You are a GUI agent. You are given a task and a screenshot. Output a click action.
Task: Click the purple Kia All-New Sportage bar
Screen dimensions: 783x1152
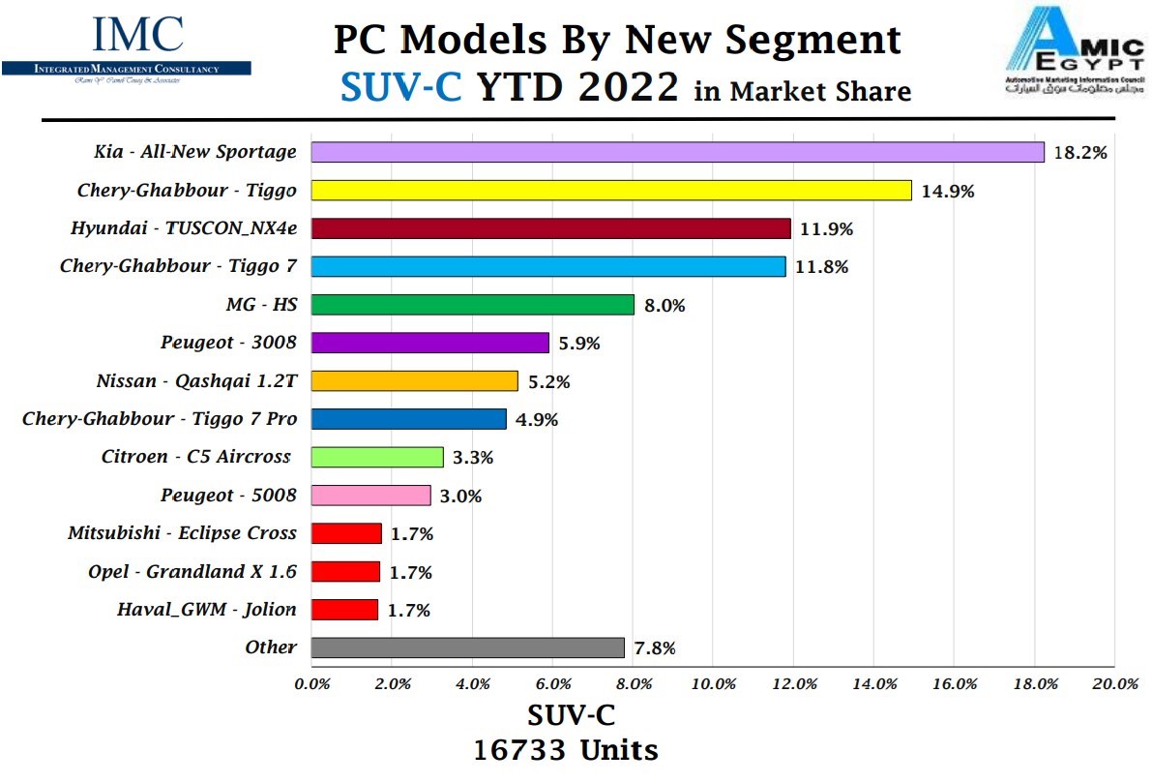pyautogui.click(x=677, y=152)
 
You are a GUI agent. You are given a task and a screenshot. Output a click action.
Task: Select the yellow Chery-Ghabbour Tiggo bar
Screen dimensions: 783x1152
pyautogui.click(x=611, y=191)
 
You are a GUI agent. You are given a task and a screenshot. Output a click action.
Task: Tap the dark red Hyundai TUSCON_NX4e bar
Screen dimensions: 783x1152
pyautogui.click(x=550, y=228)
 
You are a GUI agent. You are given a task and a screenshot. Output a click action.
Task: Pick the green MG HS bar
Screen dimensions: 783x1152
pyautogui.click(x=472, y=305)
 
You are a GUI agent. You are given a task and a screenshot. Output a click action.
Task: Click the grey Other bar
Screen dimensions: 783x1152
pyautogui.click(x=467, y=647)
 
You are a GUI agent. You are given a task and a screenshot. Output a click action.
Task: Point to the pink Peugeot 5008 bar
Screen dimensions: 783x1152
pyautogui.click(x=370, y=496)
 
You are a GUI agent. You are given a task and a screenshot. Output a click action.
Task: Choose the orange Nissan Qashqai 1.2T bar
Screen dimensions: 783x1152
pyautogui.click(x=414, y=381)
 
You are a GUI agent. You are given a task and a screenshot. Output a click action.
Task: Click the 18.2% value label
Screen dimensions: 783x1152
pyautogui.click(x=1079, y=152)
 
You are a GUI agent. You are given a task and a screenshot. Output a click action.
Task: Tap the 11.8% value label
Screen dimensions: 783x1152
pyautogui.click(x=821, y=267)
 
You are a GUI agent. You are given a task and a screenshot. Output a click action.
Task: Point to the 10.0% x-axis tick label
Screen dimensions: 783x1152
pyautogui.click(x=713, y=683)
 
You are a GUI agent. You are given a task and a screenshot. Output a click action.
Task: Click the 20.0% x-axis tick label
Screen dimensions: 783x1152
pyautogui.click(x=1114, y=683)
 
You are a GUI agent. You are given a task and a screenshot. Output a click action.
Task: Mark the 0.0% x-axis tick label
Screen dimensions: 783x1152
pyautogui.click(x=311, y=683)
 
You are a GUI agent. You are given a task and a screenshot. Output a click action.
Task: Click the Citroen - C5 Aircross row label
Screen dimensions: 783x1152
pyautogui.click(x=195, y=457)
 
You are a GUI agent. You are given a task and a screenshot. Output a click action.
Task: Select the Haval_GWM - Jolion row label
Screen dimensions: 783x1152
pyautogui.click(x=206, y=610)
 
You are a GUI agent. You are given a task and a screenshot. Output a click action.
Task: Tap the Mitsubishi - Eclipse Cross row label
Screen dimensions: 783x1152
pyautogui.click(x=182, y=533)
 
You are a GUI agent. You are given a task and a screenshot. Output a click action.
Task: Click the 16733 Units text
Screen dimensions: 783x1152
pyautogui.click(x=566, y=750)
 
